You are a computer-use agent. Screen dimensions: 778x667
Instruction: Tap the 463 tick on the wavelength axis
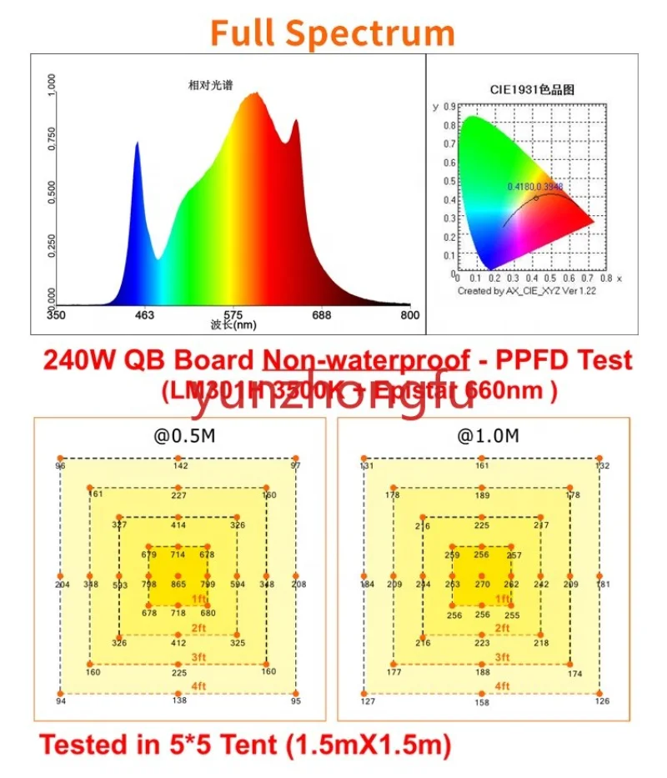(x=145, y=315)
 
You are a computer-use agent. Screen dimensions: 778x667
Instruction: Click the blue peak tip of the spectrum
(x=138, y=143)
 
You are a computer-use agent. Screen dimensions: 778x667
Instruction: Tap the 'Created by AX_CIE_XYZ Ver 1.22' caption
(x=526, y=291)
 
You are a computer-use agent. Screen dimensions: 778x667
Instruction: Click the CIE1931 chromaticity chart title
(x=534, y=89)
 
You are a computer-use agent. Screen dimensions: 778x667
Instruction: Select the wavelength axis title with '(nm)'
(x=233, y=326)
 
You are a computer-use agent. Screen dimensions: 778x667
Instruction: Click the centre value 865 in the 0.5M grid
(x=178, y=585)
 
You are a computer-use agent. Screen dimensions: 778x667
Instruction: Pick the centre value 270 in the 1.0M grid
(x=482, y=585)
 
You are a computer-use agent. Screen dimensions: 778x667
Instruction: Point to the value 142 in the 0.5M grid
(x=180, y=466)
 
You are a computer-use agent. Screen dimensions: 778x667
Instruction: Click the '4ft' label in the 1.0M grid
(x=502, y=685)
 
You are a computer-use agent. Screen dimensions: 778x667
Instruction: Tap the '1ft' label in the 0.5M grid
(x=198, y=599)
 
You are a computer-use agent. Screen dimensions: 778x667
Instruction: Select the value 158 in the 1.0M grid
(x=482, y=702)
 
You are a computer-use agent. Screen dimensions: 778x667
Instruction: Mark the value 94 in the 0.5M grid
(x=60, y=701)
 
